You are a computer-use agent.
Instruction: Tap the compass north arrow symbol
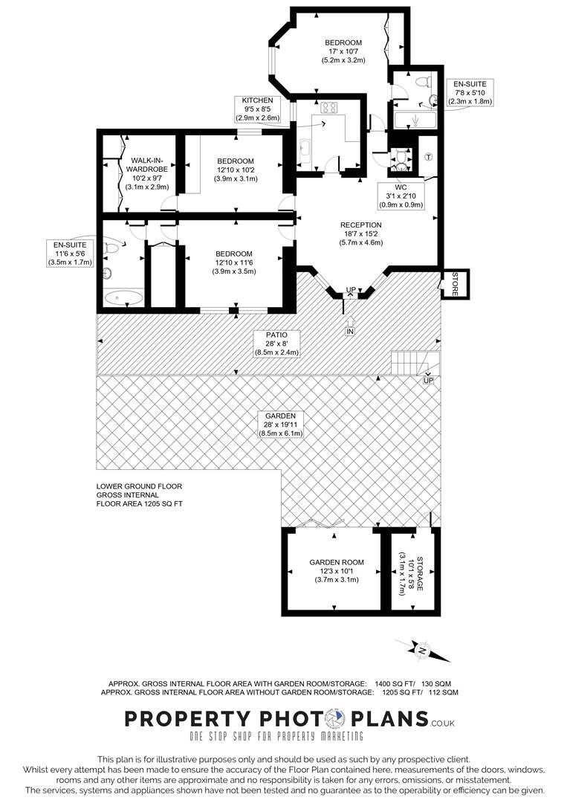[423, 651]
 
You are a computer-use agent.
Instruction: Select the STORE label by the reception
[450, 284]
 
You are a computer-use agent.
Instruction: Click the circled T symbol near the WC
[428, 156]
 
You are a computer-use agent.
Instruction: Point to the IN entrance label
[350, 330]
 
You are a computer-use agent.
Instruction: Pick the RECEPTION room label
[361, 233]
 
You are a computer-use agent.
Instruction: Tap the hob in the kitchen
[328, 109]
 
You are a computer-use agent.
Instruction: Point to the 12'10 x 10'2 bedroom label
[236, 170]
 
